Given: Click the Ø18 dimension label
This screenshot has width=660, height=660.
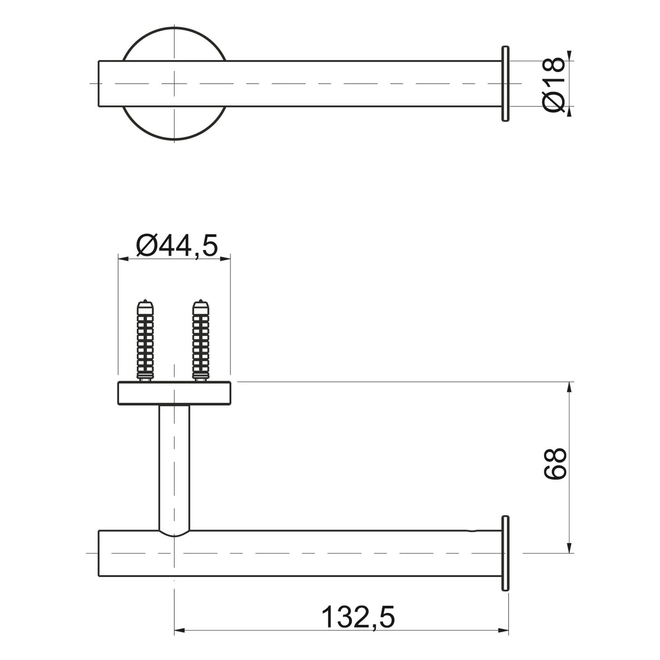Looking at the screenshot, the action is point(554,84).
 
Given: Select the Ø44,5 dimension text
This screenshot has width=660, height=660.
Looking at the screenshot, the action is point(177,245).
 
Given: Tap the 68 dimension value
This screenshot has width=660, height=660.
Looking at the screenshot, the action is point(554,464).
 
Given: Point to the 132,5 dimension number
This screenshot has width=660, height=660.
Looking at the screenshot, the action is point(358,617).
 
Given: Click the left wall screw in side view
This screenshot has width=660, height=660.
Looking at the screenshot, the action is point(145,340).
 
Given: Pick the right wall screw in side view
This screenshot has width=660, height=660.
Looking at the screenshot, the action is point(201,340).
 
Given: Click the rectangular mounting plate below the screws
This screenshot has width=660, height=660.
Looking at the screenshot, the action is point(174,393).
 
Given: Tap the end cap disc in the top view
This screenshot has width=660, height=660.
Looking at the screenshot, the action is point(505,83).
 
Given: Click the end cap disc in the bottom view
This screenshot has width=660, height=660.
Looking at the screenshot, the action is point(505,553).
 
